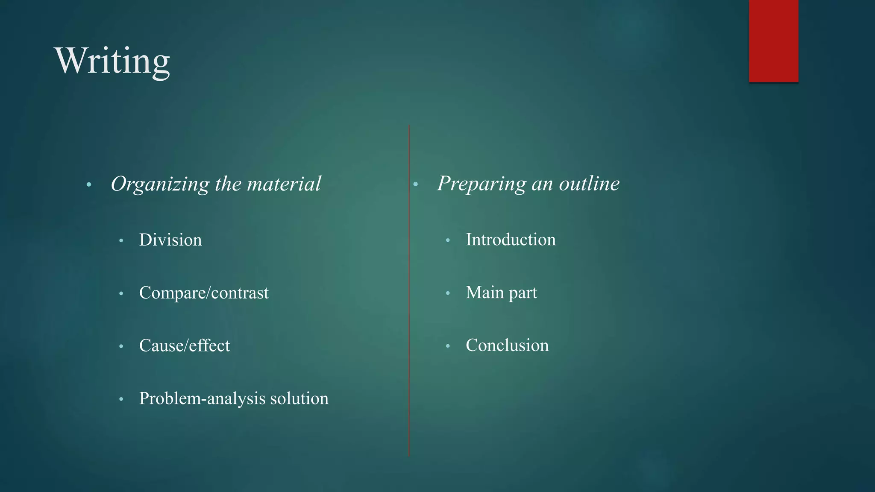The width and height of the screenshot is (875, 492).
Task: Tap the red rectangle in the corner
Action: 773,41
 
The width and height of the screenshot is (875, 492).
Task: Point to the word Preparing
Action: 482,184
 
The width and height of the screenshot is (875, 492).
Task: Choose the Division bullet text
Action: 170,240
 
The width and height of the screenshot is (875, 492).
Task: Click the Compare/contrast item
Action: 204,293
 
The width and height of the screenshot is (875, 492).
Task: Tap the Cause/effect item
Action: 185,346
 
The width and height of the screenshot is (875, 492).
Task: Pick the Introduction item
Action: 511,240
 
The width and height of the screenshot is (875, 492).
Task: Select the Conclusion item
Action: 507,345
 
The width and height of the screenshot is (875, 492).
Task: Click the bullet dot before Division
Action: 121,241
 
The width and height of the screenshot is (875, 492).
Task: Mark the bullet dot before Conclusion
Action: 448,346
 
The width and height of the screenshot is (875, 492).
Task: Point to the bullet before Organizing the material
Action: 89,185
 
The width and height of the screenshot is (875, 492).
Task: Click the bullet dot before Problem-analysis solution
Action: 121,399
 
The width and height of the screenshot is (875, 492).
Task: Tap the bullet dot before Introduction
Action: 448,240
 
